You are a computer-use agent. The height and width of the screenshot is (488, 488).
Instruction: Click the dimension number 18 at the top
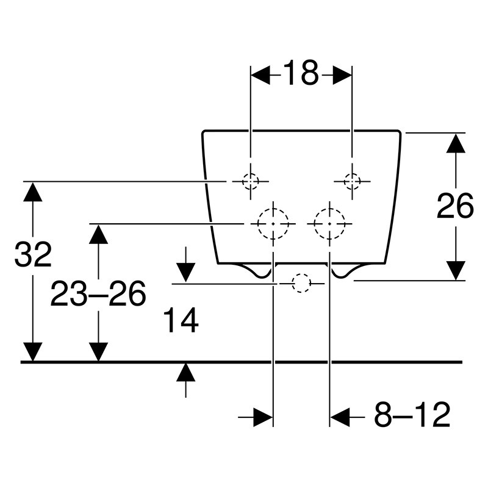point(301,73)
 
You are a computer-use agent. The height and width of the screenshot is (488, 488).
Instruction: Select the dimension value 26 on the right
point(455,206)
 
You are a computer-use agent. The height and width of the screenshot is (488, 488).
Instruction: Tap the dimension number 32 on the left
point(33,254)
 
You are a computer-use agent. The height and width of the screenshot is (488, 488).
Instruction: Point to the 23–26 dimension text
point(98,293)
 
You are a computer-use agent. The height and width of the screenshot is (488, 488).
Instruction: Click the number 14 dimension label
point(181,320)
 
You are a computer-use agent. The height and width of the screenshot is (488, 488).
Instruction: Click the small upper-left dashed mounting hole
point(251,181)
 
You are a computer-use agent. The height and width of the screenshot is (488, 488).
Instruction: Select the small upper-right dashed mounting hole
point(352,181)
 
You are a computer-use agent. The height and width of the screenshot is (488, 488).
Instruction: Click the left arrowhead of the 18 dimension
point(260,75)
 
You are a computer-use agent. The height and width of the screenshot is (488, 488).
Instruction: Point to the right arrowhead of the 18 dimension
point(342,75)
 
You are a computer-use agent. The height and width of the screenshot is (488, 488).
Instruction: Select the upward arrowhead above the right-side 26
point(456,143)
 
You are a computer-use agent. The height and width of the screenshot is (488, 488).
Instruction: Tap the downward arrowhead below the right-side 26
point(456,270)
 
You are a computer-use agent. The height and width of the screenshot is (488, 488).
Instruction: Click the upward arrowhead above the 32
point(33,192)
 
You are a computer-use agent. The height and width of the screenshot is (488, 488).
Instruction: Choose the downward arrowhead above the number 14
point(186,273)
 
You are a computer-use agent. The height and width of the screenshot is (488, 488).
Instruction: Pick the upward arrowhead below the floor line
point(186,372)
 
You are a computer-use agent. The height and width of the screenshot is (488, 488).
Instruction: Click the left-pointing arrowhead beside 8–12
point(340,417)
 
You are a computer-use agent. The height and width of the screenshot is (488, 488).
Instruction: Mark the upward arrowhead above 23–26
point(98,234)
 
